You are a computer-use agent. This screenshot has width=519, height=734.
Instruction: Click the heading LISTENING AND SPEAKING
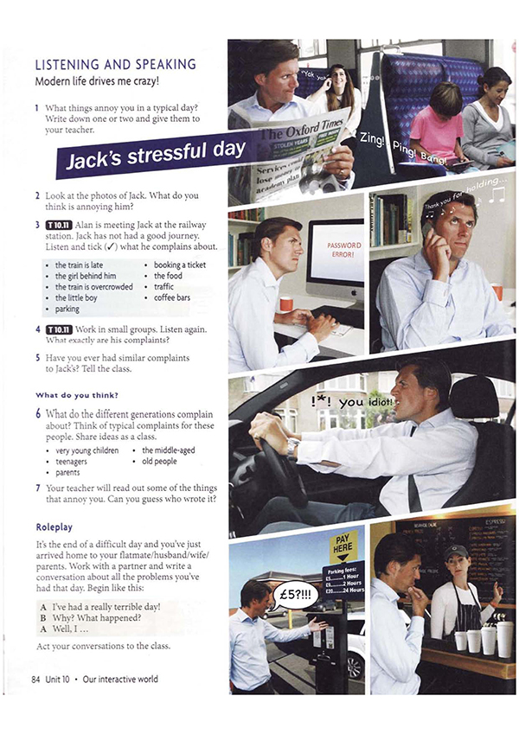point(115,64)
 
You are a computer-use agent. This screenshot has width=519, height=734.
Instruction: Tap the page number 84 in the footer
point(36,680)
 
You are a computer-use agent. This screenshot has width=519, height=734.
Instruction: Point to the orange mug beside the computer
point(286,304)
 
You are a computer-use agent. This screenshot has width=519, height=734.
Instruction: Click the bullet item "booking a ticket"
point(180,265)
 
